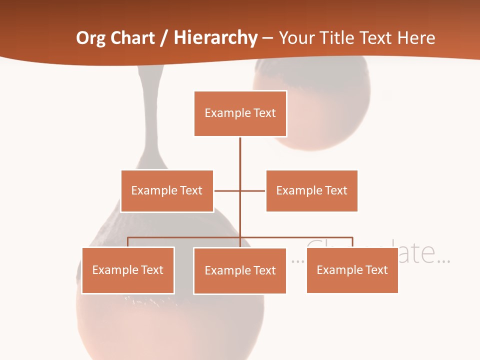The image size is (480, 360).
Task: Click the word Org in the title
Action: [91, 38]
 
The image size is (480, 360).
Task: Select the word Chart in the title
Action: [131, 38]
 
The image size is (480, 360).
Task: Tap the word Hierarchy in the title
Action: [215, 38]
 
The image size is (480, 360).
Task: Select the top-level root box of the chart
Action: [240, 113]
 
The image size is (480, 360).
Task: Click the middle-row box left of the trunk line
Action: [167, 191]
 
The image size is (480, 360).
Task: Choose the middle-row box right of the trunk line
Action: [311, 191]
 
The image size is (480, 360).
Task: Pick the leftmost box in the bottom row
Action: [128, 270]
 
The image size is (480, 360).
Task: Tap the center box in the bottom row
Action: [240, 271]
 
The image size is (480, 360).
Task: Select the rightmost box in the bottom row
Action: [352, 270]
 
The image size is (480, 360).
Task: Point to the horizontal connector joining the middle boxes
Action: [252, 190]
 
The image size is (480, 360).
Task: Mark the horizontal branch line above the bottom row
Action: [185, 237]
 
